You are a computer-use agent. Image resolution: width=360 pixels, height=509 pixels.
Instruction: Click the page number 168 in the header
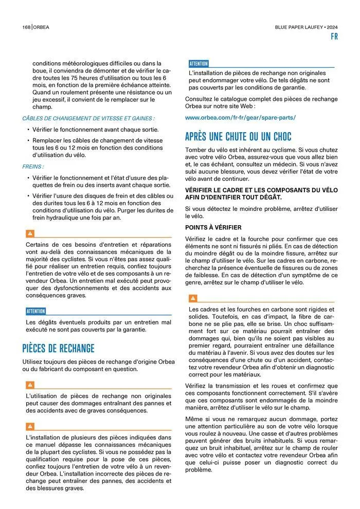tap(26, 27)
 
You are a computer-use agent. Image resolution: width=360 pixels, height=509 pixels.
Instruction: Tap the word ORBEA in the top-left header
tap(42, 27)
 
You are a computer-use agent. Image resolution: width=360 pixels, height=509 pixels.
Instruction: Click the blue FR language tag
tap(334, 37)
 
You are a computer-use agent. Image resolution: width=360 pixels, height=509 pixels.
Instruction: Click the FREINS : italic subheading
tap(33, 167)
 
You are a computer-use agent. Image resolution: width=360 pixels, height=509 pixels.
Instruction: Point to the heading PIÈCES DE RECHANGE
tap(58, 348)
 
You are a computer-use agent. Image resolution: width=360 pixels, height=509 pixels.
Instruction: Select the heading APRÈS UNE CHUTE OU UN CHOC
tap(238, 137)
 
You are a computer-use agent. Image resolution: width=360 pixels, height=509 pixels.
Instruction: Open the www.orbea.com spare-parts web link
tap(240, 118)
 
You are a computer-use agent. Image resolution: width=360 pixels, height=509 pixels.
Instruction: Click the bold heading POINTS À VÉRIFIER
tap(213, 227)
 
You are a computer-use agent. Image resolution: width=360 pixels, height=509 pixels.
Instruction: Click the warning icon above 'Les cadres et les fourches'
tap(193, 298)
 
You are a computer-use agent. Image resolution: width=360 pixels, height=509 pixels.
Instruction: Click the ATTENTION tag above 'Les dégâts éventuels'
tap(36, 311)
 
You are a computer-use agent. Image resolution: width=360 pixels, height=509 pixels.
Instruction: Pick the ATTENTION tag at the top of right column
tap(199, 64)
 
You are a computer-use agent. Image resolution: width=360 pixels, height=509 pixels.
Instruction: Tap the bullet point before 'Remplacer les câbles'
tap(28, 140)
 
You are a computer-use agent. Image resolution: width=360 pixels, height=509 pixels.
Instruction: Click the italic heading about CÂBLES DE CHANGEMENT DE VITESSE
tap(88, 118)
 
